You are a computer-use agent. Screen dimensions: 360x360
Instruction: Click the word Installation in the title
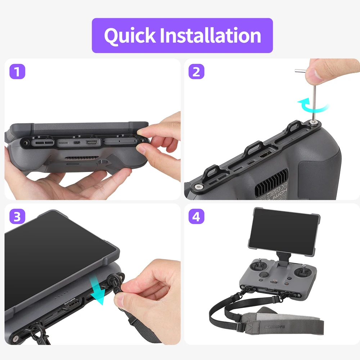coord(210,36)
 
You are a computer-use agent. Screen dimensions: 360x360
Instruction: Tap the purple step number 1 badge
coord(17,72)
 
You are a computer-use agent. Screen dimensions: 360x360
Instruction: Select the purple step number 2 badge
coord(196,72)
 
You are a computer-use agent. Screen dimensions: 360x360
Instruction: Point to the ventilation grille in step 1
coord(77,158)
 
